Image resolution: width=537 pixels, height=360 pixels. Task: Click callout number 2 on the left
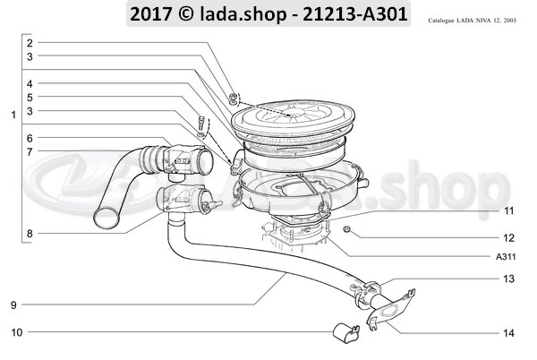pyautogui.click(x=30, y=43)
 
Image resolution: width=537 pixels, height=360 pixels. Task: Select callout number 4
pyautogui.click(x=30, y=83)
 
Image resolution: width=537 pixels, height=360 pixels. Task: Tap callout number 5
pyautogui.click(x=30, y=97)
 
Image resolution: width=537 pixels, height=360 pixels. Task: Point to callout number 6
pyautogui.click(x=30, y=138)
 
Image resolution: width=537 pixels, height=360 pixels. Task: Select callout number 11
pyautogui.click(x=507, y=211)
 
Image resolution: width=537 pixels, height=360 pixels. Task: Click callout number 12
pyautogui.click(x=507, y=238)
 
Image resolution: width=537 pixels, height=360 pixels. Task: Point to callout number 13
pyautogui.click(x=507, y=279)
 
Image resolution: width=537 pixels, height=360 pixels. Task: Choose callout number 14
pyautogui.click(x=507, y=333)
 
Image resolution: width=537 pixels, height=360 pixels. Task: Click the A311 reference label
pyautogui.click(x=505, y=255)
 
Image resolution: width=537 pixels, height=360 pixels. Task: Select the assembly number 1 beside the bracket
pyautogui.click(x=13, y=115)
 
